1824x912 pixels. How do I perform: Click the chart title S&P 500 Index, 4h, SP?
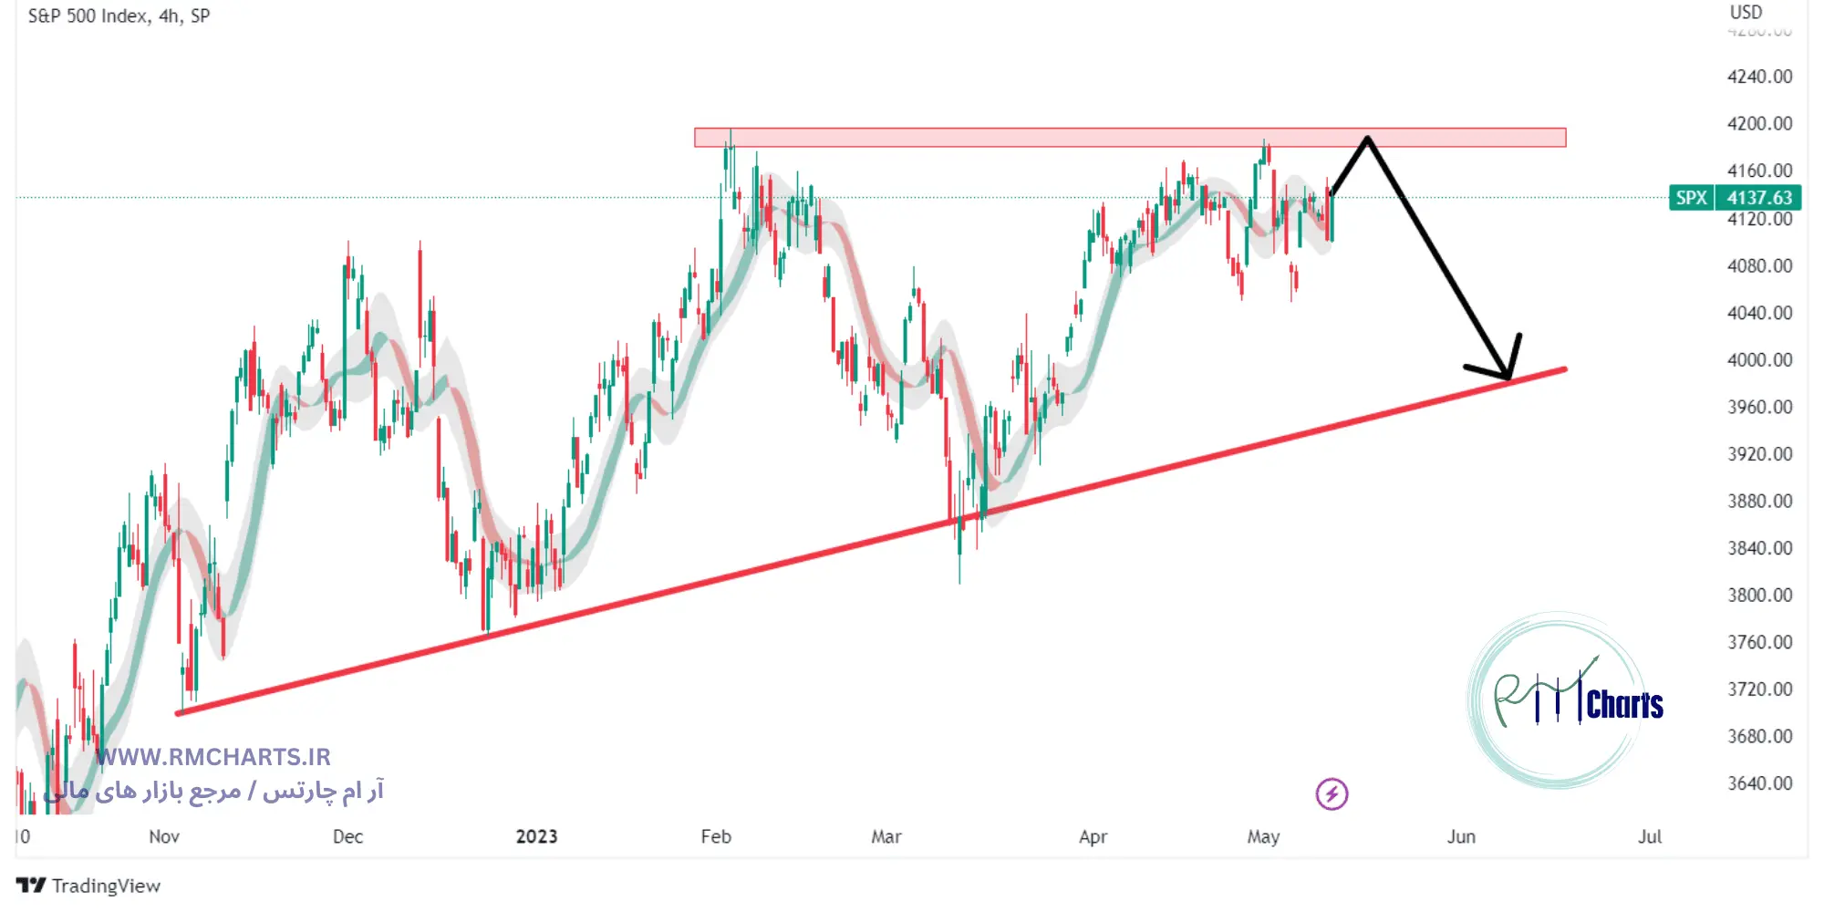click(119, 16)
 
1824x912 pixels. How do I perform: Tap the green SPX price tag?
click(1691, 198)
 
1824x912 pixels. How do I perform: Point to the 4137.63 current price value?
click(1758, 198)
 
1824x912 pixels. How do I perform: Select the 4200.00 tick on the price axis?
click(1759, 123)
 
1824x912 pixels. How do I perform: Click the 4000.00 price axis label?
click(1759, 359)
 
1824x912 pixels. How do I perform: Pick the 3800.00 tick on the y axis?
click(1759, 595)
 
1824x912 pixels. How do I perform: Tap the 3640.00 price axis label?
click(1759, 782)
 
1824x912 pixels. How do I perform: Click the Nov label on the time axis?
click(164, 836)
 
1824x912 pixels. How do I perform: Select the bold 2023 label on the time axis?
click(536, 836)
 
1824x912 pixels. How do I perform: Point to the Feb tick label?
click(716, 836)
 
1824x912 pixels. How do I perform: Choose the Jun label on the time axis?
click(1461, 836)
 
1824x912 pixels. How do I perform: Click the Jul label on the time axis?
click(1649, 836)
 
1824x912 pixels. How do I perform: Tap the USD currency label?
click(1746, 13)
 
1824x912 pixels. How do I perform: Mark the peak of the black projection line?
click(1367, 139)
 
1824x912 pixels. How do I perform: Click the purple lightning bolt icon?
click(1332, 793)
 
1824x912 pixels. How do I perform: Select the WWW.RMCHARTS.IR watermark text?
click(213, 757)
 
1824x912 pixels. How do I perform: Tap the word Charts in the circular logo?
click(1624, 705)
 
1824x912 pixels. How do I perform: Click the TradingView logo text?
click(105, 886)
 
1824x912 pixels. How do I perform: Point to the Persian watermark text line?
click(214, 790)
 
